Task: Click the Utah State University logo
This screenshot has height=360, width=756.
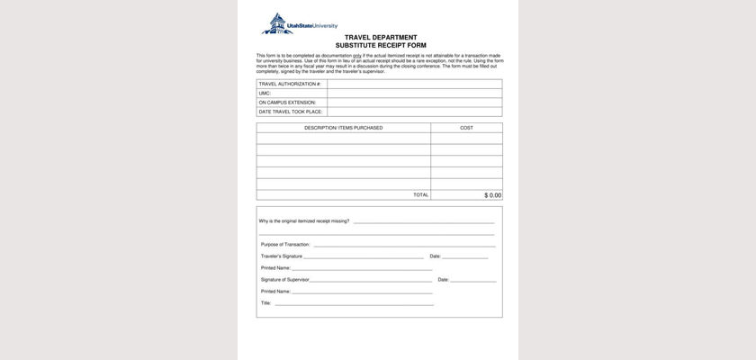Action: click(x=300, y=24)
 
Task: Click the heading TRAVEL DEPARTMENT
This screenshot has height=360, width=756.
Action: click(x=380, y=38)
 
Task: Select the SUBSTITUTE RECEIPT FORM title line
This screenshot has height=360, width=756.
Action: click(x=380, y=45)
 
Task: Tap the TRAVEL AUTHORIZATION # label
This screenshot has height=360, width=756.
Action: click(x=290, y=84)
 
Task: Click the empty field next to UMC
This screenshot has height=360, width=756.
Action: click(x=414, y=93)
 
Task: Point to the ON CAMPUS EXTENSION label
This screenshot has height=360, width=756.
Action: click(x=287, y=103)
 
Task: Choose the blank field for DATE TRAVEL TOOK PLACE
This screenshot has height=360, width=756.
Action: click(x=414, y=112)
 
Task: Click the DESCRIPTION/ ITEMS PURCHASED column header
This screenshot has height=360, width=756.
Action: click(x=343, y=128)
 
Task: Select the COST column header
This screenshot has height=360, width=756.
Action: click(x=466, y=128)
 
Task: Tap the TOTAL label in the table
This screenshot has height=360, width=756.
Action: click(x=420, y=194)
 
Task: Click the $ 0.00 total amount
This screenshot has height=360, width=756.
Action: click(x=492, y=194)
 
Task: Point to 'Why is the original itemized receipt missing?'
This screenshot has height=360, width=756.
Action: click(x=304, y=220)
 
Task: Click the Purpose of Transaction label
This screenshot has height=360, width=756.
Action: click(x=285, y=244)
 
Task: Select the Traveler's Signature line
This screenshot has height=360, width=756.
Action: click(x=363, y=256)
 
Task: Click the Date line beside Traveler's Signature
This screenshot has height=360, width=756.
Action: click(x=464, y=256)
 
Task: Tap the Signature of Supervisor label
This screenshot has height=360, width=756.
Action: click(x=284, y=280)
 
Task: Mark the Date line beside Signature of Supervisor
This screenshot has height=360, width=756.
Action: click(x=472, y=280)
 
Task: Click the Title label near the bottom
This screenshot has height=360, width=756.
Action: click(x=265, y=303)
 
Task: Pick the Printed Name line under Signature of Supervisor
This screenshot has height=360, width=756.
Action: click(x=361, y=292)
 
